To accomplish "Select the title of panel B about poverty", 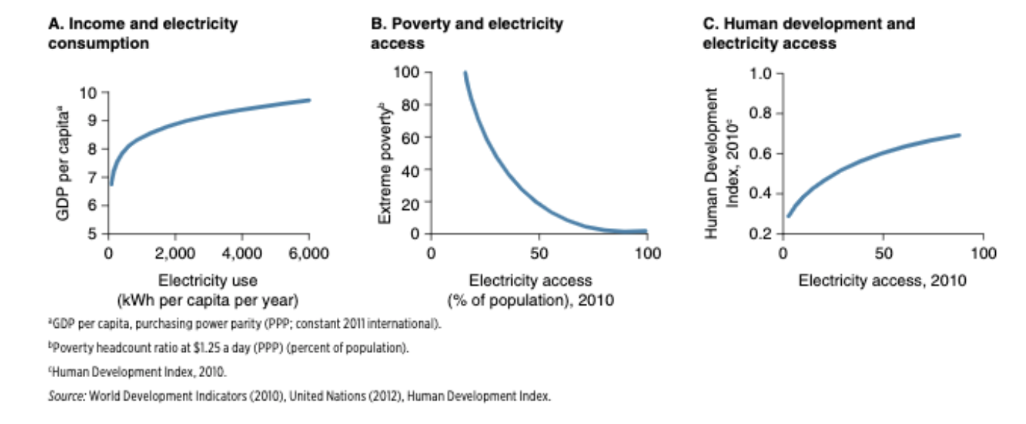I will tap(467, 33).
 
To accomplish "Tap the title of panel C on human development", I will tap(809, 33).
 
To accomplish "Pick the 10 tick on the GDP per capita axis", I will tap(89, 92).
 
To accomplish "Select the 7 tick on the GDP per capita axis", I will tap(92, 178).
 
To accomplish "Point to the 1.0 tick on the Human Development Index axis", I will tap(763, 73).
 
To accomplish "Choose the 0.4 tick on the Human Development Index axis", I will tap(763, 194).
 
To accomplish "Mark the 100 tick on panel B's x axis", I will tap(647, 253).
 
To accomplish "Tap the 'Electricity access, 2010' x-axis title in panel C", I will tap(882, 280).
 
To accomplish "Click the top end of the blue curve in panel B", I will tap(465, 73).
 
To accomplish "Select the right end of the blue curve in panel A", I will tap(309, 100).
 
